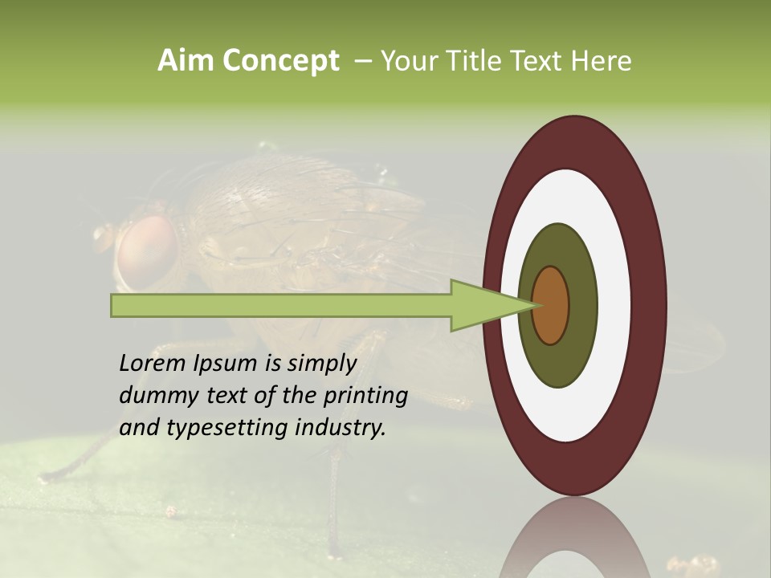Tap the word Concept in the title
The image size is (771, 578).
click(282, 61)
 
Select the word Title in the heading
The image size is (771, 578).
click(475, 61)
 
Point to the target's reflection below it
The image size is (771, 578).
click(575, 538)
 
